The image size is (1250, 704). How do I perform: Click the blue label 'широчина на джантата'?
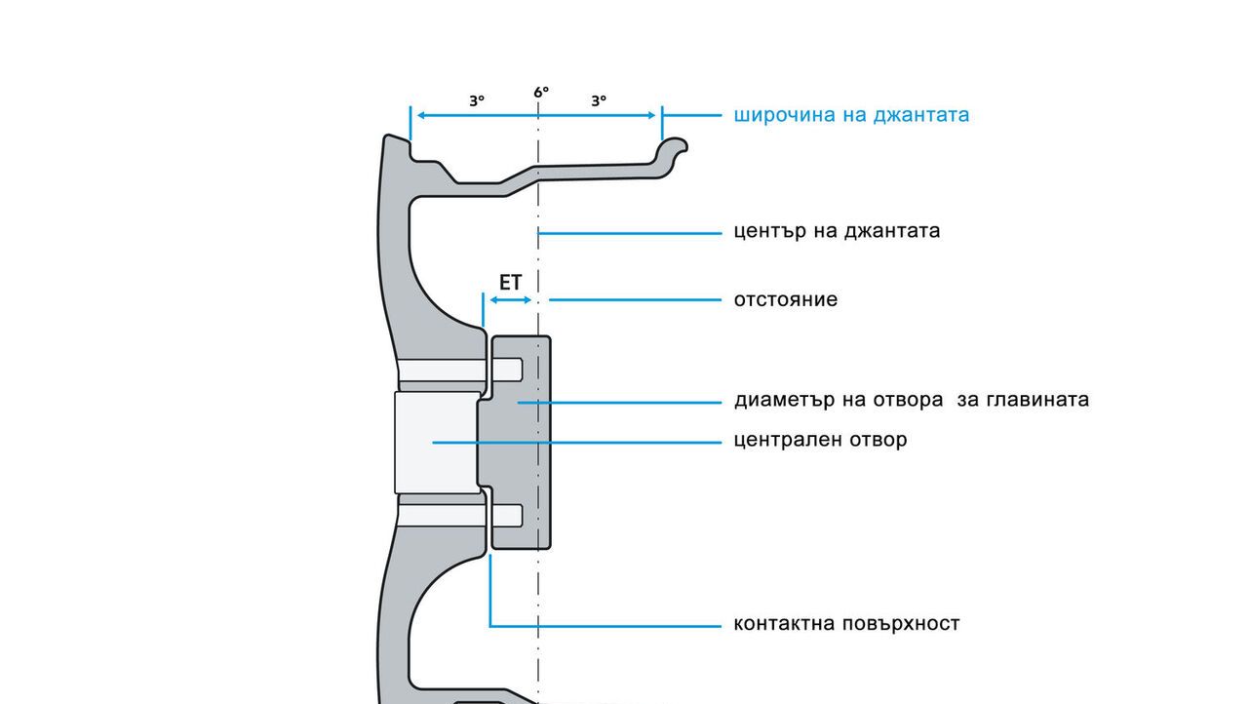851,115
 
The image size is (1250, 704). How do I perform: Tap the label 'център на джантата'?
837,231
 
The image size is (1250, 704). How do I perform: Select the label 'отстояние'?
785,299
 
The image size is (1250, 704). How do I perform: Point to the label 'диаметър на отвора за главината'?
912,400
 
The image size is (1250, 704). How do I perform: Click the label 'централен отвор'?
820,440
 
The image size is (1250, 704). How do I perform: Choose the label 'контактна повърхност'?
846,624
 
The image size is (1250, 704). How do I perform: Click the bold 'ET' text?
510,282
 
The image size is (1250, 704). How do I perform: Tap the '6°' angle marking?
541,92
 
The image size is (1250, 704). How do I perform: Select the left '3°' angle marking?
477,101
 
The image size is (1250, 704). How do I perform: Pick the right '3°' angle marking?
599,101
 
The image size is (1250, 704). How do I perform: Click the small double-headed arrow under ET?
510,300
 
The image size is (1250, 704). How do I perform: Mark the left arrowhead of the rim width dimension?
421,115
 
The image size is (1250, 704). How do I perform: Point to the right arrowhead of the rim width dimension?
651,115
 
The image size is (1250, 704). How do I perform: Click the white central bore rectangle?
437,443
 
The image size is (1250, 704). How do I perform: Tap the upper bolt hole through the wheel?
460,370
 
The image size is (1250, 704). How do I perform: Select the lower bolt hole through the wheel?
460,516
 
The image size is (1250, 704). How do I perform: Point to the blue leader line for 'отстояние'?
635,300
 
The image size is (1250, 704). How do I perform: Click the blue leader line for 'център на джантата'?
630,233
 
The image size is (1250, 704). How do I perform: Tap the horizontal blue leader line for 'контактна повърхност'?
605,626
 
